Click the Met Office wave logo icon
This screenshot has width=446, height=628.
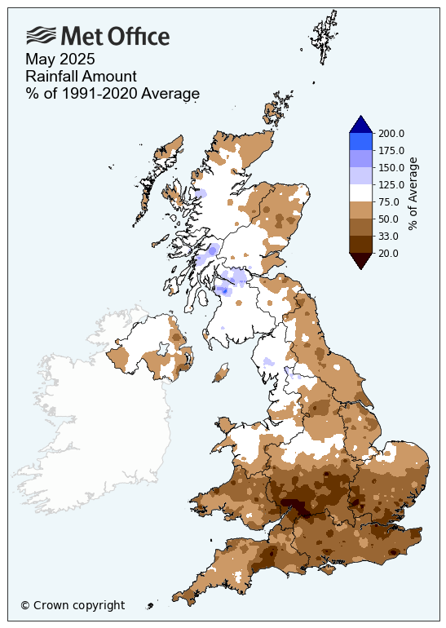42,35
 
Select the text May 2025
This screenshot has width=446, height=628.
60,60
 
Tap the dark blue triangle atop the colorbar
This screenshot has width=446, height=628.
361,125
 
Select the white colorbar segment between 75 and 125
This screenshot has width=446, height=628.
361,193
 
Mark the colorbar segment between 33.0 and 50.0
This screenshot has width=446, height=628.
361,228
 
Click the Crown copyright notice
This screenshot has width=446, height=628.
73,605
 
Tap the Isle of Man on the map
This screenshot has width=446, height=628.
219,374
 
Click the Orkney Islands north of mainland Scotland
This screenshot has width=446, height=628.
277,111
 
